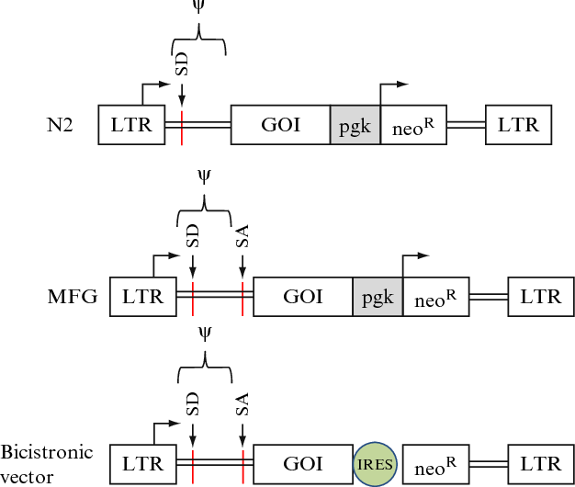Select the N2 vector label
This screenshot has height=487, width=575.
pyautogui.click(x=61, y=124)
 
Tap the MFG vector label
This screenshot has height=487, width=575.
pyautogui.click(x=74, y=297)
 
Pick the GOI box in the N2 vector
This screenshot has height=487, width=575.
pyautogui.click(x=280, y=124)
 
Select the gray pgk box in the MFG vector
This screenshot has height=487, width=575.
pyautogui.click(x=378, y=297)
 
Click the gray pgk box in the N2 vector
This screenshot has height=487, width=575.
pyautogui.click(x=355, y=124)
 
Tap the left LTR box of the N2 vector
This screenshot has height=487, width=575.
pyautogui.click(x=131, y=124)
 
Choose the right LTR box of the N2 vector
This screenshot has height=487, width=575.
pyautogui.click(x=519, y=124)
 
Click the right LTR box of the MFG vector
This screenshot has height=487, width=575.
pyautogui.click(x=541, y=297)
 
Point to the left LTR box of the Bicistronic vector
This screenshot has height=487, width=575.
pyautogui.click(x=142, y=465)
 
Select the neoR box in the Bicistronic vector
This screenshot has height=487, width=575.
pyautogui.click(x=434, y=465)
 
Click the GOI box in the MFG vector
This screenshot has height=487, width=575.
pyautogui.click(x=302, y=297)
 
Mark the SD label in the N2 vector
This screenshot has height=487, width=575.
pyautogui.click(x=182, y=65)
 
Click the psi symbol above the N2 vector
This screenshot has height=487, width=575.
pyautogui.click(x=197, y=7)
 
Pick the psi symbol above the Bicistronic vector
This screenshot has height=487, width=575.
pyautogui.click(x=204, y=335)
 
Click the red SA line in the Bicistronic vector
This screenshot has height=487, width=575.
pyautogui.click(x=242, y=465)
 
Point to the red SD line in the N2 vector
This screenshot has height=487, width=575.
pyautogui.click(x=182, y=124)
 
